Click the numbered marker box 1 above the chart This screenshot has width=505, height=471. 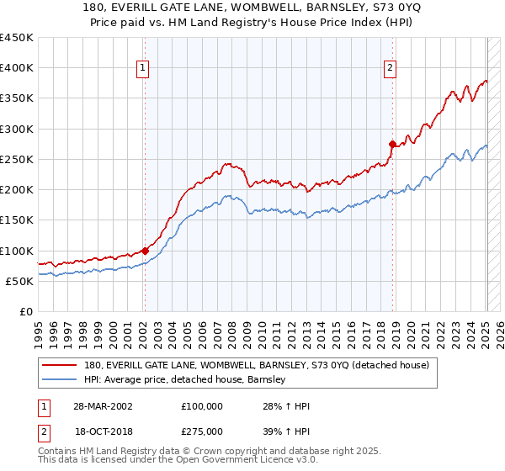(x=143, y=69)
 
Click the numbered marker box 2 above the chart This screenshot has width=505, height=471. (x=391, y=69)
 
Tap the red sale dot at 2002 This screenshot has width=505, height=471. (x=145, y=250)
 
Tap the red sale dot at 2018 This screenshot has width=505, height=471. (x=392, y=144)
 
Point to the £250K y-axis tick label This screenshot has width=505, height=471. (x=17, y=159)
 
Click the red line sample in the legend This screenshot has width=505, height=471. (x=61, y=365)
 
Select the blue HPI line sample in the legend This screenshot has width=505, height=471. (x=61, y=379)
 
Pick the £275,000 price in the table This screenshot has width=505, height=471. (x=207, y=430)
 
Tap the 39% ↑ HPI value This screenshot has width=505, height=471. (x=286, y=430)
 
